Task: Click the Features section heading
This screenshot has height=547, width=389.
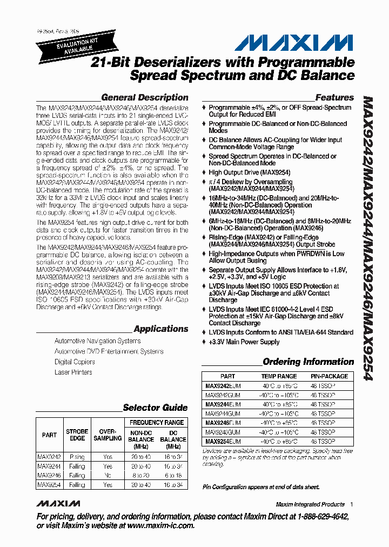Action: (x=334, y=98)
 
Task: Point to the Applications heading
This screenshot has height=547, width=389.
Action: (x=160, y=329)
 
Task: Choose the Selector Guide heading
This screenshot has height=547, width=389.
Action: (x=155, y=408)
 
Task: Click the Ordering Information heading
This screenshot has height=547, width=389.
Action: (x=308, y=362)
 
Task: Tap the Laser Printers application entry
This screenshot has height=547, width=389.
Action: (x=73, y=372)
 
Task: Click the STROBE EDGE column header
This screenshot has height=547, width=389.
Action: (x=77, y=435)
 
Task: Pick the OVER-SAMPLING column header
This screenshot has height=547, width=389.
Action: (x=108, y=435)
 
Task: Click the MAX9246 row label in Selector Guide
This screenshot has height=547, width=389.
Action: (x=49, y=475)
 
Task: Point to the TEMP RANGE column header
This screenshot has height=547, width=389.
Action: (x=279, y=376)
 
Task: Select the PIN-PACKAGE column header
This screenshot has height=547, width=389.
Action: (x=329, y=376)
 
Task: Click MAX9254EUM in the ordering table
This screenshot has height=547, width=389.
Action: (x=223, y=442)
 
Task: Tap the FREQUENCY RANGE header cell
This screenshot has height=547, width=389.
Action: (x=157, y=422)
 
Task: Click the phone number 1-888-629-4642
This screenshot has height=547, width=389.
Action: (x=314, y=517)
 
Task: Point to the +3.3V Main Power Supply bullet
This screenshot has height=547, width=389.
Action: (x=244, y=342)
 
